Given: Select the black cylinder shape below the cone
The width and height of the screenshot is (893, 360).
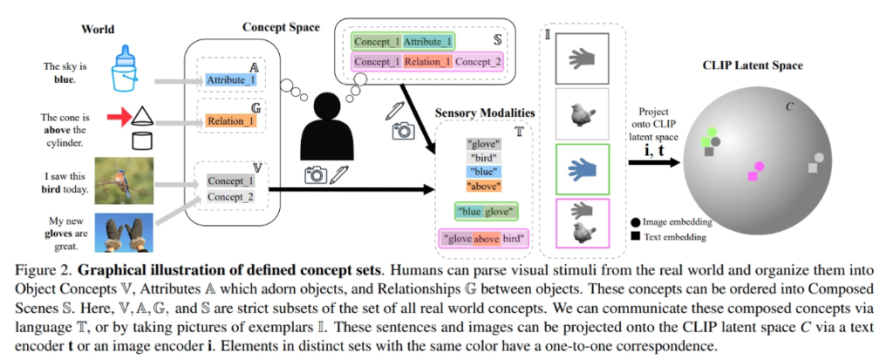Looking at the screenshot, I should pyautogui.click(x=140, y=139).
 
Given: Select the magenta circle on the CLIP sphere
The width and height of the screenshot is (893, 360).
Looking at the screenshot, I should pyautogui.click(x=760, y=166).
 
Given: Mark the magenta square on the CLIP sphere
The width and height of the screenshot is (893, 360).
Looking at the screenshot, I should pyautogui.click(x=752, y=176).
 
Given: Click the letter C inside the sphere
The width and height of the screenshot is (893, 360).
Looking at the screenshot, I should pyautogui.click(x=789, y=106).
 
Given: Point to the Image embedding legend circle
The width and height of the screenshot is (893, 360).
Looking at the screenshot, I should pyautogui.click(x=637, y=222).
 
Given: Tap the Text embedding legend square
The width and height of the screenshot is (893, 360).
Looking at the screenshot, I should pyautogui.click(x=637, y=236).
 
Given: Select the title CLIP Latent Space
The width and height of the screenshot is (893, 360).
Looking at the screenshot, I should pyautogui.click(x=753, y=65).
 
